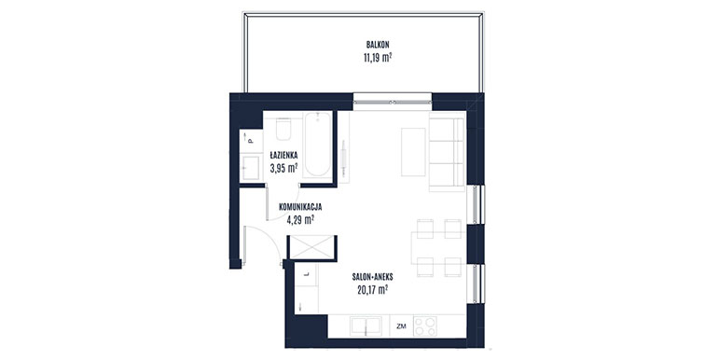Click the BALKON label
point(378,45)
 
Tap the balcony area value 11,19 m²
point(378,58)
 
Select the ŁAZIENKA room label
point(283,155)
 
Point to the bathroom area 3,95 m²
point(283,168)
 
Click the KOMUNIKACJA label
point(300,206)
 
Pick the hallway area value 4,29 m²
point(300,219)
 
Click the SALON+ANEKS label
point(373,277)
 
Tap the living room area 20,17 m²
point(373,289)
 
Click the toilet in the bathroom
point(283,130)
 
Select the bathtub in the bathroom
point(318,145)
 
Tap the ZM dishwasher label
point(402,326)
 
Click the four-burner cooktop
point(424,326)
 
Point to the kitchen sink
point(366,326)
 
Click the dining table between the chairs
point(438,248)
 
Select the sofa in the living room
point(447,154)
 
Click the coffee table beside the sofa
point(413,152)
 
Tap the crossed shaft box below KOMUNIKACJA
point(311,248)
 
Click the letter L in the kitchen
point(307,274)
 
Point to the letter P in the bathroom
point(251,141)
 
